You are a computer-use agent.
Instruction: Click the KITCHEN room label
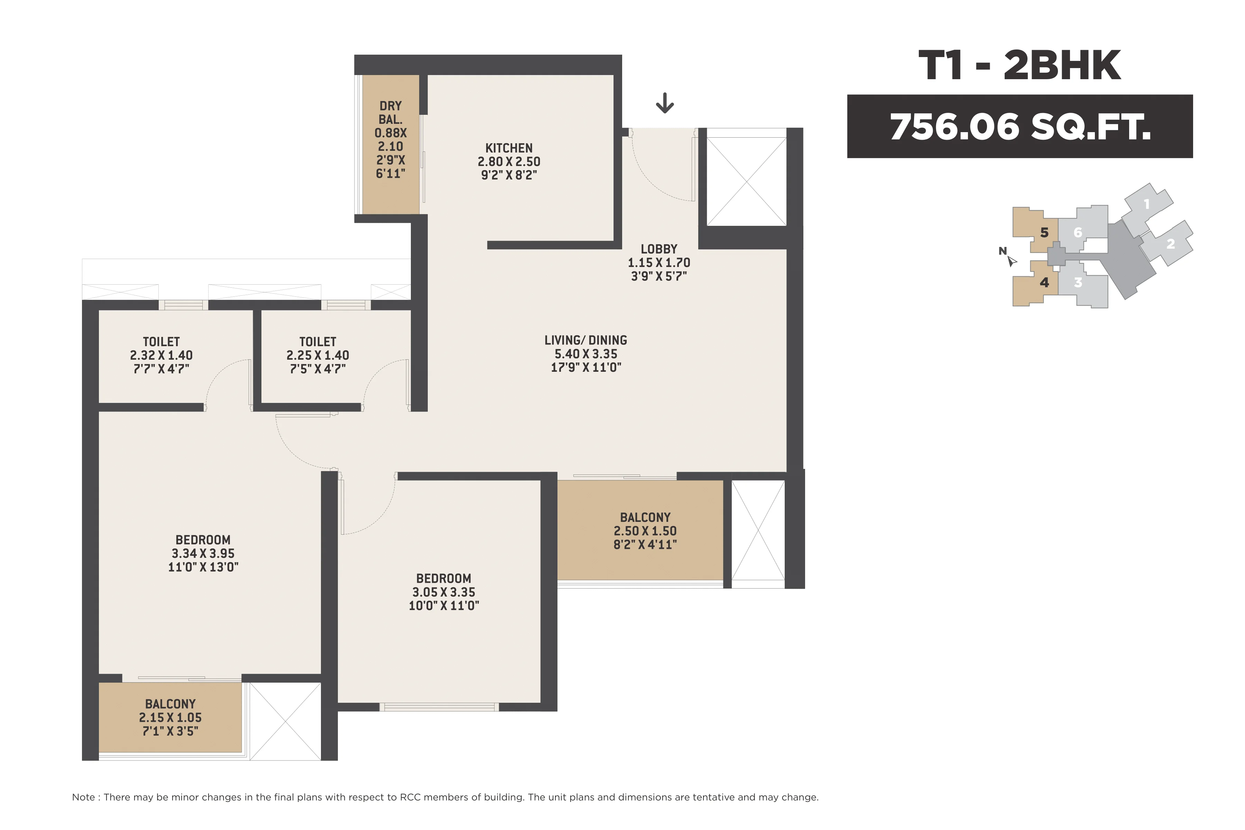tap(509, 148)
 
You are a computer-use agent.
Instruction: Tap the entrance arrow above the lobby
tap(664, 103)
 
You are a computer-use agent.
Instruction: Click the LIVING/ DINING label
tap(585, 340)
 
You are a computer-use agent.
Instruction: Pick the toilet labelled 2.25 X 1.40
tap(317, 355)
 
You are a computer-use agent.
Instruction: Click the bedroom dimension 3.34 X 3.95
tap(203, 553)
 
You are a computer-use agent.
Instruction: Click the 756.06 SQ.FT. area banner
tap(1020, 127)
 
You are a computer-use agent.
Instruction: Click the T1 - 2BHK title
tap(1020, 66)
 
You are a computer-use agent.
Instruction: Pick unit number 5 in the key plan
tap(1044, 232)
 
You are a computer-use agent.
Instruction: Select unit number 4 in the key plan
tap(1044, 282)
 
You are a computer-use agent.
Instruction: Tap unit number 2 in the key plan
tap(1170, 244)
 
